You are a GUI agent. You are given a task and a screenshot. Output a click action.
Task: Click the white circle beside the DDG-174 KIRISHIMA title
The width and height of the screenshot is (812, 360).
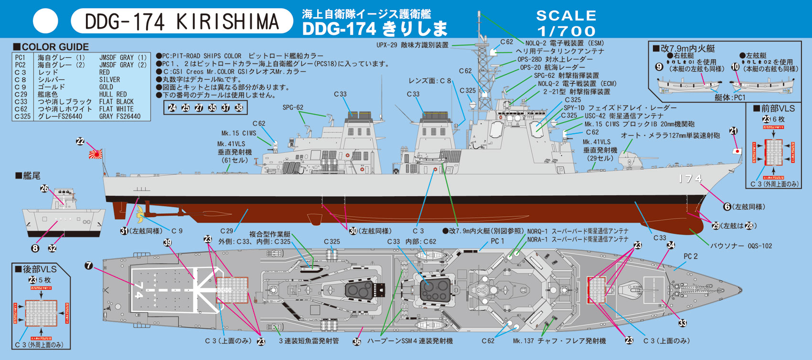pos(45,21)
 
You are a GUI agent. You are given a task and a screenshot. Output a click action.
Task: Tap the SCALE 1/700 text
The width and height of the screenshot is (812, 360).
pos(566,23)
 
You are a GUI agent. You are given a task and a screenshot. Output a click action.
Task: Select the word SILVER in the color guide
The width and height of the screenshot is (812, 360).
pos(109,80)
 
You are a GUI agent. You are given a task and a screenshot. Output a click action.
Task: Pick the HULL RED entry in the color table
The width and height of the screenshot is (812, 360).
pos(113,95)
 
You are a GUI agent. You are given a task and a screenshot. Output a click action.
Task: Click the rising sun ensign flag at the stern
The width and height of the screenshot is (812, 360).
pos(95,154)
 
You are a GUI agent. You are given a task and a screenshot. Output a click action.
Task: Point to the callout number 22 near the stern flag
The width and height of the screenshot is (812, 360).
pos(80,141)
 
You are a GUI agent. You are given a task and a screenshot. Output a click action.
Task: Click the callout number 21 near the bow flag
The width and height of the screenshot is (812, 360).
pos(733,131)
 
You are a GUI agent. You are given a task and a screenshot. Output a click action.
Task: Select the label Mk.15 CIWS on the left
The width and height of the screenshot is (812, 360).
pos(238,133)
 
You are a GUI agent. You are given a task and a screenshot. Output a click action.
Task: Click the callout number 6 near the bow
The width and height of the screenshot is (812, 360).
pos(727,207)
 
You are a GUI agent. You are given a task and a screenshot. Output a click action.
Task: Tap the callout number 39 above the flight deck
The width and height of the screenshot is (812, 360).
pos(167,243)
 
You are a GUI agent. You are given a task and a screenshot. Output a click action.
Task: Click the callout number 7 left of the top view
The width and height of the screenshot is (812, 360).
pos(89,265)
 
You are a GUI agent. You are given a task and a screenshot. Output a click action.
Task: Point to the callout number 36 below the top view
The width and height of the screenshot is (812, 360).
pos(356,341)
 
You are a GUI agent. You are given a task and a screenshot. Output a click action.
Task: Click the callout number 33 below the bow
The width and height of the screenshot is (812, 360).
pos(683,323)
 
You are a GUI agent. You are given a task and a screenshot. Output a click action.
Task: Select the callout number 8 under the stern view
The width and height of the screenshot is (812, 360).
pos(35,248)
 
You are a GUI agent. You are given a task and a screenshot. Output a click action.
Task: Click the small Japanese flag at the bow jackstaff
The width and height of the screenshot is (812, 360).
pos(737,151)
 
